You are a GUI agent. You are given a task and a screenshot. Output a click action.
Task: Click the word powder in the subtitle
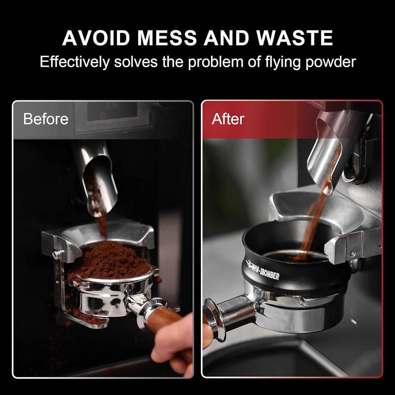[x=330, y=62]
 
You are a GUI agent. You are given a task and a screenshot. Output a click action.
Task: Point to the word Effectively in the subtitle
[x=74, y=62]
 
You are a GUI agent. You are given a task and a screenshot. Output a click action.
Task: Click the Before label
[x=46, y=119]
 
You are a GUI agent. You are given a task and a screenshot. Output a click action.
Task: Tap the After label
[x=228, y=119]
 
